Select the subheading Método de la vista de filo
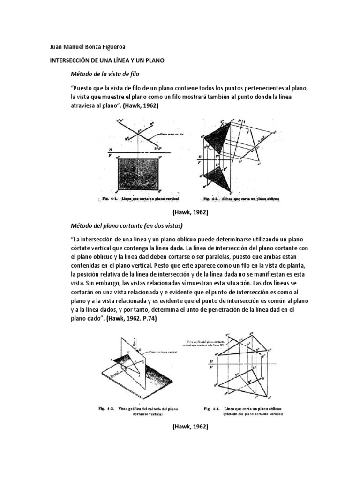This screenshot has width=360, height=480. tap(105, 74)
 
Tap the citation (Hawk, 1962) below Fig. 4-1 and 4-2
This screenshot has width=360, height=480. tap(190, 212)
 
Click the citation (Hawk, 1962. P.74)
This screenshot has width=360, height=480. tap(132, 319)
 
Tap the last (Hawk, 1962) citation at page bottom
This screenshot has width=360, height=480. tap(190, 427)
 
